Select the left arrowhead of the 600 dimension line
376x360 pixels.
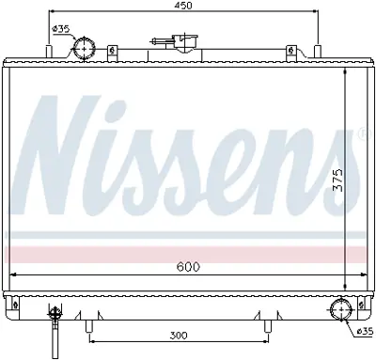(12, 274)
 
